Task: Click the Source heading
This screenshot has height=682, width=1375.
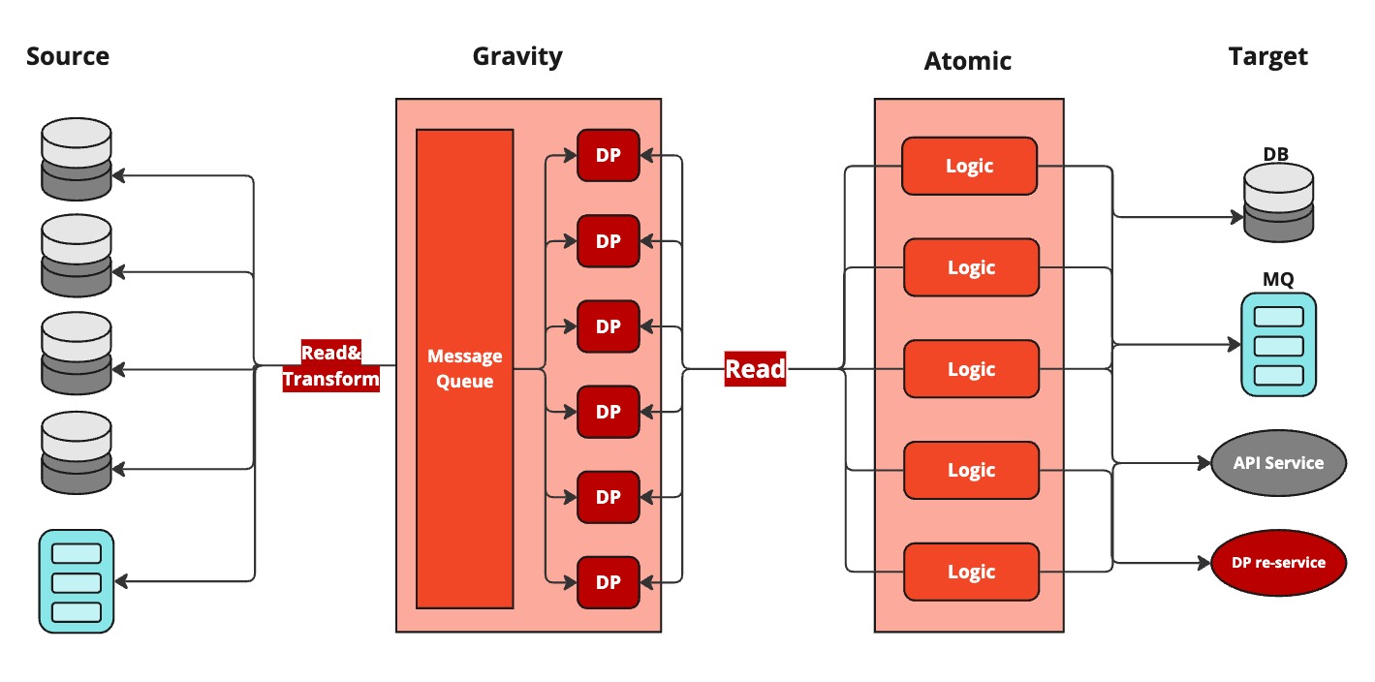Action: click(x=68, y=56)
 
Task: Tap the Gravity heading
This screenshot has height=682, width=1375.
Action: click(x=517, y=56)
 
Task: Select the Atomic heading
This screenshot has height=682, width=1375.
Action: click(x=967, y=61)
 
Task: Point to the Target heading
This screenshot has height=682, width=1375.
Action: click(x=1267, y=57)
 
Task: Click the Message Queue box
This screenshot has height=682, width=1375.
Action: click(x=464, y=369)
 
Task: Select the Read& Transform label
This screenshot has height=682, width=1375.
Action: click(x=330, y=366)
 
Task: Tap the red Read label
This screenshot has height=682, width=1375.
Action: click(x=756, y=368)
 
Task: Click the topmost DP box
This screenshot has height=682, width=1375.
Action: click(x=609, y=155)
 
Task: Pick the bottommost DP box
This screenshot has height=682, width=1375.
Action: click(x=609, y=582)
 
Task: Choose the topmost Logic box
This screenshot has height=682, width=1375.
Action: click(x=969, y=166)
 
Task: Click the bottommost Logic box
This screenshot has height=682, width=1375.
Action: click(x=971, y=572)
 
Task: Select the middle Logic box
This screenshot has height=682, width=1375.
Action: click(x=971, y=369)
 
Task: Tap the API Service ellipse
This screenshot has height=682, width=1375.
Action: click(x=1278, y=463)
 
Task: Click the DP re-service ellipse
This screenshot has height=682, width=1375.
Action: click(x=1278, y=562)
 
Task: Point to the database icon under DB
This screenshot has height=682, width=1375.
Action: click(x=1278, y=201)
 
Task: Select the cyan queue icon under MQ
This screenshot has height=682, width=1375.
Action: click(x=1279, y=346)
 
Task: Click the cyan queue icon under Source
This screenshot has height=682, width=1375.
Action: click(x=77, y=581)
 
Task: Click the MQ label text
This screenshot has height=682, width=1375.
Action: click(x=1278, y=280)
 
